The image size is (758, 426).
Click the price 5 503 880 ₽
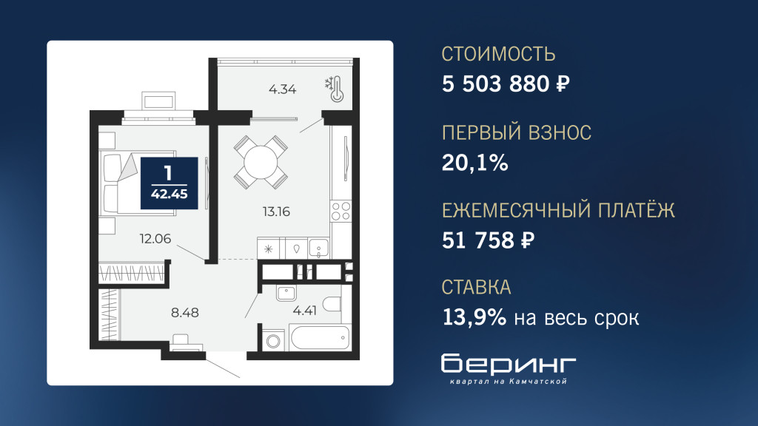click(506, 84)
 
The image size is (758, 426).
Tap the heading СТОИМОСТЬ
click(498, 54)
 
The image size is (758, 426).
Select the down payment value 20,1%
click(474, 163)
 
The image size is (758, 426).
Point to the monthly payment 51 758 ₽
click(488, 240)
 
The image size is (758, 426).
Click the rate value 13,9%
click(474, 318)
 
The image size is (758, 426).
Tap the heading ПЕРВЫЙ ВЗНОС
click(516, 132)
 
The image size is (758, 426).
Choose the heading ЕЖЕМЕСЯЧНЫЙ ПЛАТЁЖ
click(558, 209)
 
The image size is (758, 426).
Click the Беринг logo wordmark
click(509, 364)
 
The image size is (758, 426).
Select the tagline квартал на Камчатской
click(508, 382)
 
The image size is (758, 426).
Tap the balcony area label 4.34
click(282, 89)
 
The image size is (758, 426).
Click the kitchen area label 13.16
click(277, 212)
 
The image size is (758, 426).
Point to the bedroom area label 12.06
click(155, 239)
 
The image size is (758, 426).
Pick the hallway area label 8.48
click(184, 313)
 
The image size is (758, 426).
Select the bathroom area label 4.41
click(304, 311)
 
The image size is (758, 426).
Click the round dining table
click(261, 162)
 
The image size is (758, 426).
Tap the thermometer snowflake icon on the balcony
click(334, 89)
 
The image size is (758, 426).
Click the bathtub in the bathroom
click(319, 337)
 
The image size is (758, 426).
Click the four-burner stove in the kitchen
click(341, 212)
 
